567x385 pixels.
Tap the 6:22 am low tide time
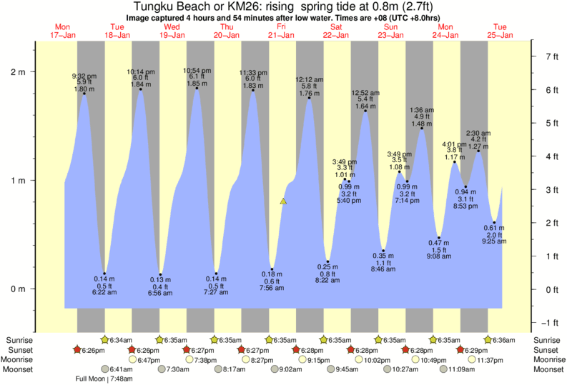[x=104, y=292]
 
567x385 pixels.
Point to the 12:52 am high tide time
[x=365, y=92]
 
